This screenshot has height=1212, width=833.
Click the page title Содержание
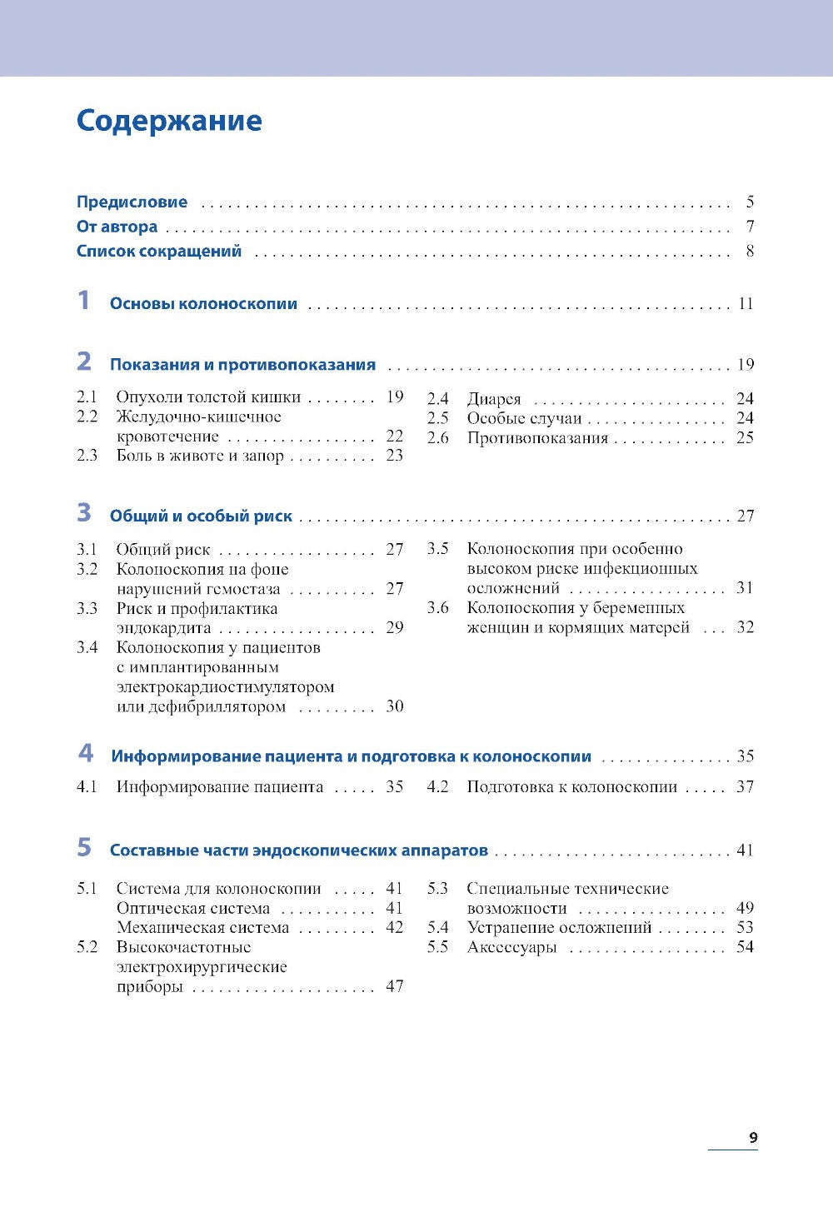tap(169, 121)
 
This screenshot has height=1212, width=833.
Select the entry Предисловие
tap(132, 202)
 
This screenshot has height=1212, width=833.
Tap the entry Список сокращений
tap(158, 251)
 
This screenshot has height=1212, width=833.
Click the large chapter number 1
tap(83, 301)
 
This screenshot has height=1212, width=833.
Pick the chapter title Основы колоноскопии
tap(203, 304)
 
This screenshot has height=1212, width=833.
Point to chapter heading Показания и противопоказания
tap(242, 365)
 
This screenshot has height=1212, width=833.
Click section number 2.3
tap(87, 455)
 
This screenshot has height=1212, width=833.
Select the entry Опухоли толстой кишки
tap(208, 397)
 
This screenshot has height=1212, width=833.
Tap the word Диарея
tap(493, 399)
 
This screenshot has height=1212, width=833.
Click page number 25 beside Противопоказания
tap(745, 438)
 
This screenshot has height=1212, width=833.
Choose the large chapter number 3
tap(84, 513)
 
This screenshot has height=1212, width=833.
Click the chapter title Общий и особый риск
tap(201, 516)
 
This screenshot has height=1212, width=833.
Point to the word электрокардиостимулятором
tap(225, 687)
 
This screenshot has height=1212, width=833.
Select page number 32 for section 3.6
tap(745, 627)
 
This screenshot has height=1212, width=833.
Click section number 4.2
tap(437, 786)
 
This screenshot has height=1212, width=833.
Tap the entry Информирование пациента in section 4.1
tap(219, 786)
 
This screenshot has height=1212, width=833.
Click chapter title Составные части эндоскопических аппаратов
tap(298, 850)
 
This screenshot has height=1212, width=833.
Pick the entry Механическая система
tap(202, 927)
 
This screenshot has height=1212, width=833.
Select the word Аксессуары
tap(511, 947)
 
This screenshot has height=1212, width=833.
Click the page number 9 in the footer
tap(752, 1138)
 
